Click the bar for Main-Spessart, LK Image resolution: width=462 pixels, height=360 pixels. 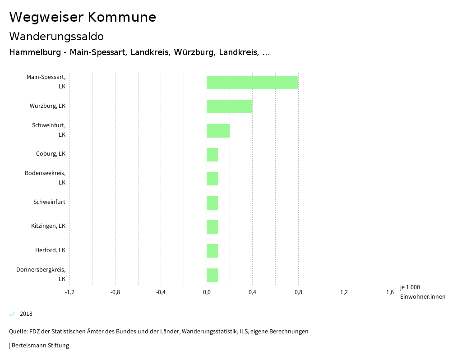252,83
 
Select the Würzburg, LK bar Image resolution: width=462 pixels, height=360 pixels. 229,106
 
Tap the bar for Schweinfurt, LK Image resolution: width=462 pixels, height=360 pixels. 218,131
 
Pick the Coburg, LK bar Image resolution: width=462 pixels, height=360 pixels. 212,155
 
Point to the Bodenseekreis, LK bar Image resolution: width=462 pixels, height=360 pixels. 212,179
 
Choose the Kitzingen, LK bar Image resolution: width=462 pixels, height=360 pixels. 212,227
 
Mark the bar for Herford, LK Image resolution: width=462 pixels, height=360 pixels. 212,251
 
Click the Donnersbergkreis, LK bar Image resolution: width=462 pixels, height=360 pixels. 212,275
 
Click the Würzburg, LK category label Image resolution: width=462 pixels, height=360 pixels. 47,106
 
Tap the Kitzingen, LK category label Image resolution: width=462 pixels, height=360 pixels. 48,226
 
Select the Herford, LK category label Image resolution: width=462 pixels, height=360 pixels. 50,250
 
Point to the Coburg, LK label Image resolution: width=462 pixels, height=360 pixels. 51,154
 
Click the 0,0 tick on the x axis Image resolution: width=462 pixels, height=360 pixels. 207,292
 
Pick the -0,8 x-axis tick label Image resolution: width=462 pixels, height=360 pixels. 115,292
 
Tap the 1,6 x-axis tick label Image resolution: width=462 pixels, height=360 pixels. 390,292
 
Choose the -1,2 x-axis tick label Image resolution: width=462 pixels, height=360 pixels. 69,292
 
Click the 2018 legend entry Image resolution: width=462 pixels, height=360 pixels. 26,314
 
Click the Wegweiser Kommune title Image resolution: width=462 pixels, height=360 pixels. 83,17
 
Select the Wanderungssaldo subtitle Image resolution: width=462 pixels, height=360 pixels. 56,36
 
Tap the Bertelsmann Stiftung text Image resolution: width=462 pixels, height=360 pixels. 40,346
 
